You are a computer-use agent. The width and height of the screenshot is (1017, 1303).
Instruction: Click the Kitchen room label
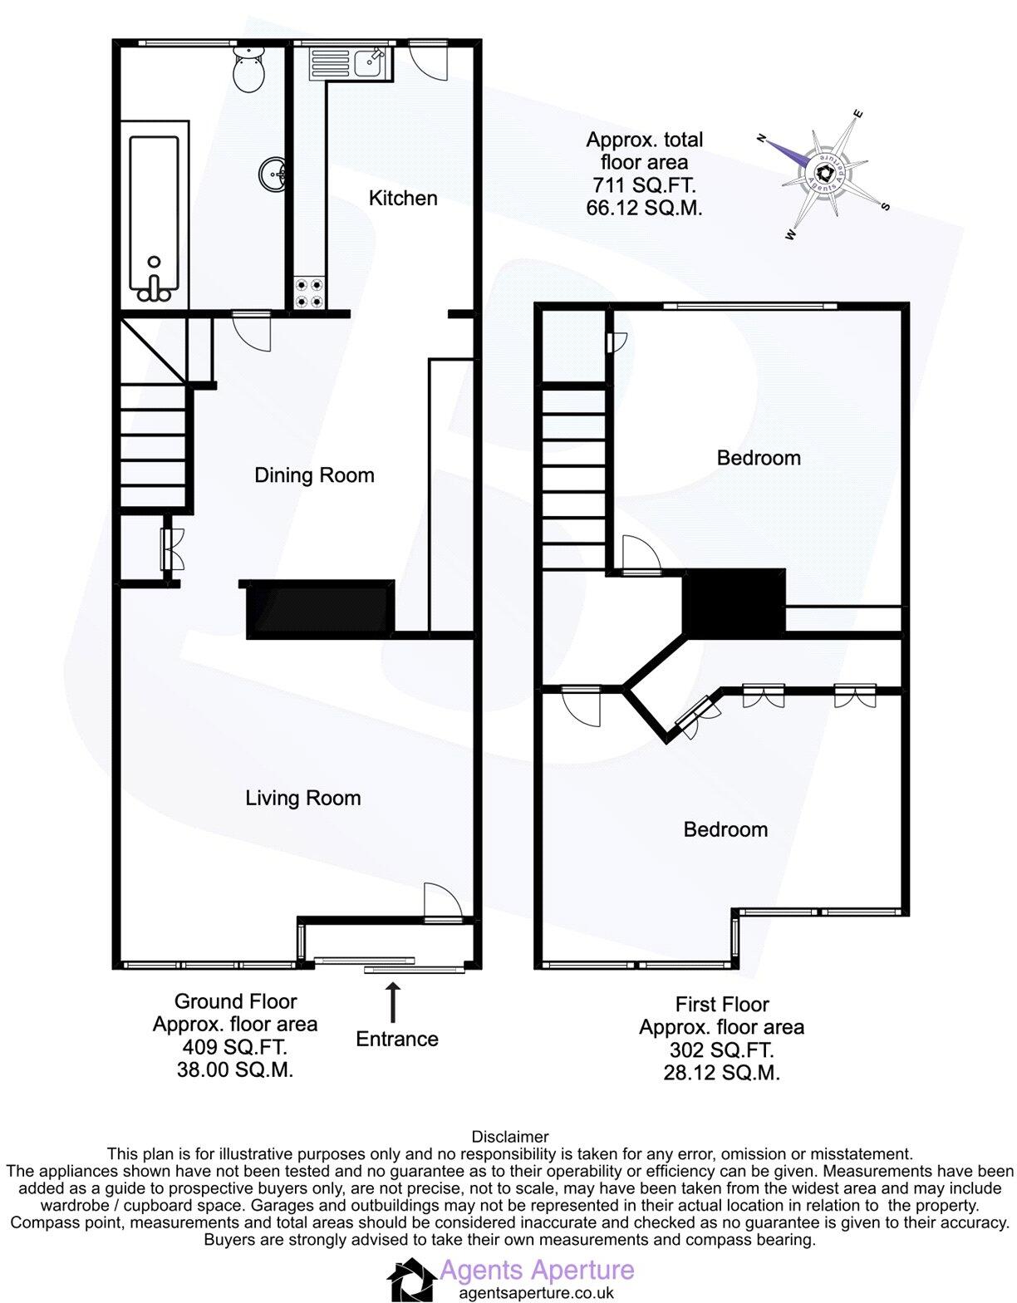tap(403, 199)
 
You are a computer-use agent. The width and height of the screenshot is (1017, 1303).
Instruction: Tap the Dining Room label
tap(314, 475)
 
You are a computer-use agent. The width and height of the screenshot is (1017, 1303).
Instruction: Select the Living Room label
tap(302, 799)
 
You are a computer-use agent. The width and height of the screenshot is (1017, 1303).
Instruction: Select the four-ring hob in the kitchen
tap(309, 293)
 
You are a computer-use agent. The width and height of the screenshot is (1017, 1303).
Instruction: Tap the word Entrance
tap(396, 1040)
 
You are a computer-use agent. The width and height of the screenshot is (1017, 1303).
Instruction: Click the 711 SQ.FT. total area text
tap(644, 184)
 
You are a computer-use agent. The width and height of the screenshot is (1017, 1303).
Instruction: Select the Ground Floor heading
tap(235, 1002)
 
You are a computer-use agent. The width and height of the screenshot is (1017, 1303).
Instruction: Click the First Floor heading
tap(722, 1005)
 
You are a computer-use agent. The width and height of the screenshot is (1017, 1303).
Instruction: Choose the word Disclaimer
tap(509, 1137)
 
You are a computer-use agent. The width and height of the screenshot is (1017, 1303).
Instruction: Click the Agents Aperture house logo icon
tap(410, 1280)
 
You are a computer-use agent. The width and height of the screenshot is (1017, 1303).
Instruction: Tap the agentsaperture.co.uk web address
tap(536, 1293)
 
